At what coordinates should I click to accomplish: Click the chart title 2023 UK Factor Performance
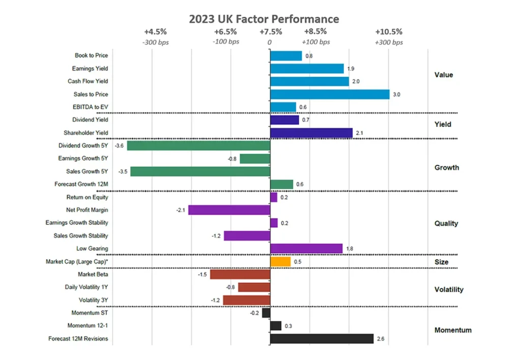coord(264,19)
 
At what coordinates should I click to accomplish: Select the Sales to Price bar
coord(330,94)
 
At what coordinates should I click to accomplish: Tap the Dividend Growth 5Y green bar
coord(198,146)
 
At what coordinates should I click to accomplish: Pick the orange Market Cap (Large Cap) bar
coord(280,262)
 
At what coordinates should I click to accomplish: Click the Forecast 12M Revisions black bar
coord(322,339)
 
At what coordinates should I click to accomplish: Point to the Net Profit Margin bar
coord(229,210)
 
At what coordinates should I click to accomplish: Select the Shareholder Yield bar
coord(311,133)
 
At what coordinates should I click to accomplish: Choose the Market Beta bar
coord(240,275)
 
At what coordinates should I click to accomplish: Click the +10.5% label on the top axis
coord(389,32)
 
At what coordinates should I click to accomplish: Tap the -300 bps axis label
coord(155,42)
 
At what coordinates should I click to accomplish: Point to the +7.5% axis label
coord(271,32)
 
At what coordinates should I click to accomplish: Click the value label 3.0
coord(396,95)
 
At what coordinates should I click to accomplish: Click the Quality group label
coord(446,223)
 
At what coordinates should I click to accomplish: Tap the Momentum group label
coord(453,330)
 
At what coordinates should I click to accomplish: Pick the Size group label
coord(441,262)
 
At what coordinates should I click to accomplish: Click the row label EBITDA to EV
coord(91,107)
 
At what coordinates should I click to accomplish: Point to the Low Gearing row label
coord(92,249)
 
